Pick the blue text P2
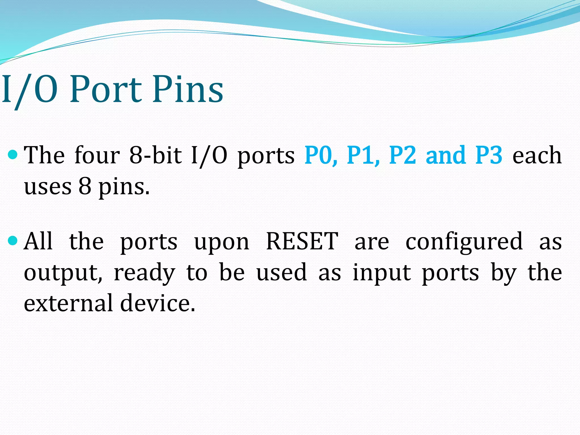[402, 155]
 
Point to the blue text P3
[489, 155]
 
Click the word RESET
[302, 241]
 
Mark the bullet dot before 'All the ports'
[13, 241]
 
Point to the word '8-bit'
[155, 155]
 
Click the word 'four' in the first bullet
[97, 155]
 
